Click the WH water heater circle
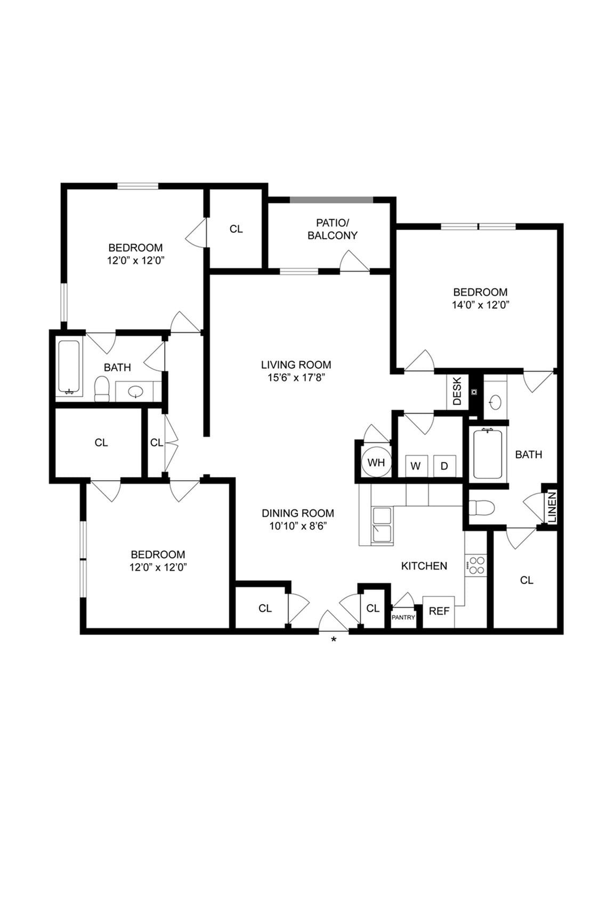[x=376, y=462]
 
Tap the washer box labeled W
[x=416, y=466]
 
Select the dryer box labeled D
[x=444, y=466]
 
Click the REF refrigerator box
[x=439, y=611]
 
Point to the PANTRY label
[x=403, y=618]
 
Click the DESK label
[x=457, y=391]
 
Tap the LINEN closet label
[x=552, y=507]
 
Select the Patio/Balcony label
[x=332, y=229]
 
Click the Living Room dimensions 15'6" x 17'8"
[x=296, y=378]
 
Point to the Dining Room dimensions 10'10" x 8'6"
[x=297, y=526]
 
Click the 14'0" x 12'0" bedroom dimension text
[x=480, y=305]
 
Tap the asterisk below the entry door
[x=334, y=639]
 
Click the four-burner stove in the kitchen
[x=476, y=565]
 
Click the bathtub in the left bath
[x=69, y=367]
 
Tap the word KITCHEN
[x=424, y=566]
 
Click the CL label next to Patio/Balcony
[x=236, y=229]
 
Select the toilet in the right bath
[x=482, y=508]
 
